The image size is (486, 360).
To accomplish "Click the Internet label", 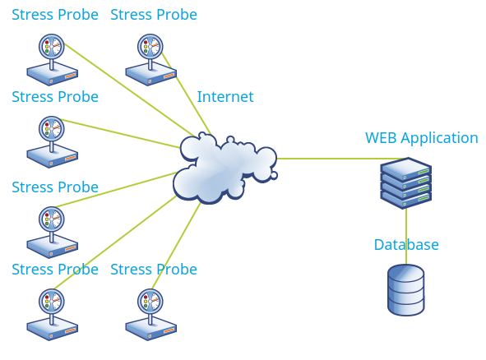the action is (225, 97).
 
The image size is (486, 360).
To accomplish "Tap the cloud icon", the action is (224, 168).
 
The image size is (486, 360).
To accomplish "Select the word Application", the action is (439, 138).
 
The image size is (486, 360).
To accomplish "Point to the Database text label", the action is (406, 245).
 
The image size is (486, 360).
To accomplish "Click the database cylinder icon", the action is (406, 289).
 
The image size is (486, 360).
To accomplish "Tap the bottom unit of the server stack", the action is (406, 199).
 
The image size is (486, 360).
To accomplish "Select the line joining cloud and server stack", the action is (341, 159).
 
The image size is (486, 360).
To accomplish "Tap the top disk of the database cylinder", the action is (406, 273).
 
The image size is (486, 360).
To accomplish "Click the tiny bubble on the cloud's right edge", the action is (274, 176).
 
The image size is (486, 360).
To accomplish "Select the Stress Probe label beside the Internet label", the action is (55, 97).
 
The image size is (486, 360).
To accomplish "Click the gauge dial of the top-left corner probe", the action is (52, 47).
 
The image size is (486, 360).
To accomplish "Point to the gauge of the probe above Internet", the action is (150, 47).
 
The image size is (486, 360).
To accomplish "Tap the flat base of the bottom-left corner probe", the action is (52, 329).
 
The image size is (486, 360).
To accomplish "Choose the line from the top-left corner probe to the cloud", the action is (130, 90).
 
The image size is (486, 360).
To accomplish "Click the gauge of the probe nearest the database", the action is (150, 302).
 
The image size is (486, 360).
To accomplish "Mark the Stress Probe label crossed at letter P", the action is (154, 270).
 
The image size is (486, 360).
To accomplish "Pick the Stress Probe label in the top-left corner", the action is (55, 15).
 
